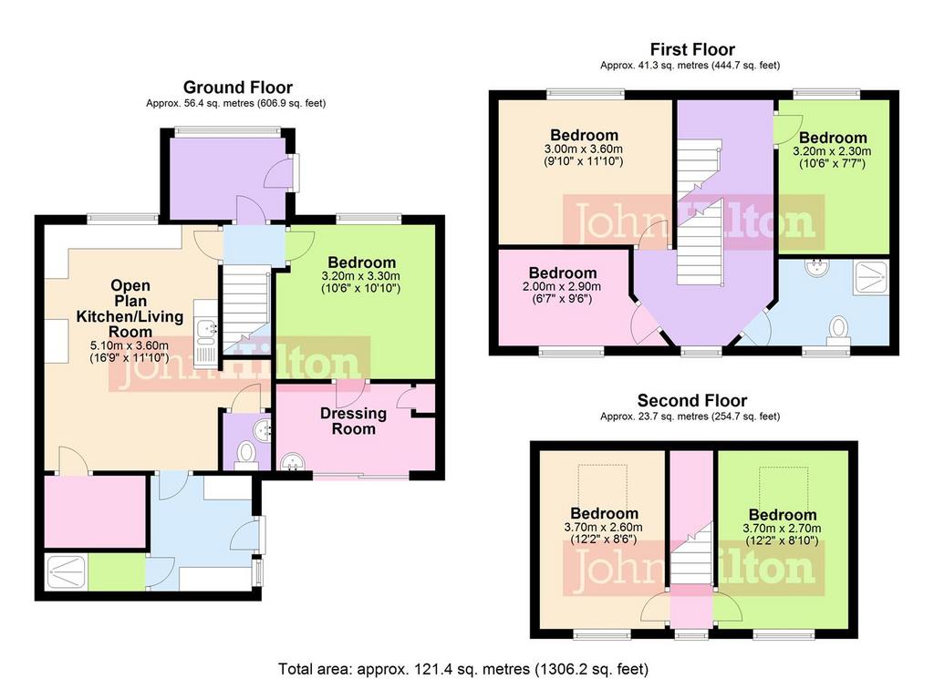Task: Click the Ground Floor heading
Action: [x=238, y=87]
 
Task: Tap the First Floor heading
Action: [x=692, y=49]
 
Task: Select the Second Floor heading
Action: [x=692, y=400]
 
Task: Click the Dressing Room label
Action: [x=353, y=421]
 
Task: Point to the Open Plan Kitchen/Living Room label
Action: [x=130, y=308]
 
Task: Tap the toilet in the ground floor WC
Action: [x=244, y=455]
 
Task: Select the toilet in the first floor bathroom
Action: [x=838, y=330]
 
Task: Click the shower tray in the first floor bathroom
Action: [x=871, y=277]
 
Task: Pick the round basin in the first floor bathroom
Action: [x=817, y=266]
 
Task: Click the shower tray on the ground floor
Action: [x=66, y=571]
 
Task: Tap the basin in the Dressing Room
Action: [x=292, y=462]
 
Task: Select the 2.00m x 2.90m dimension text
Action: [x=562, y=293]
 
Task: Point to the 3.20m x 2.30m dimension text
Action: [x=832, y=157]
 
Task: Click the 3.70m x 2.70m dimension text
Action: [x=782, y=534]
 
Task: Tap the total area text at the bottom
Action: [x=463, y=669]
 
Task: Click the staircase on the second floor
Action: [x=691, y=553]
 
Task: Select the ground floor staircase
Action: [x=246, y=310]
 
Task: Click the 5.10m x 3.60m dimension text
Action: [x=130, y=352]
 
